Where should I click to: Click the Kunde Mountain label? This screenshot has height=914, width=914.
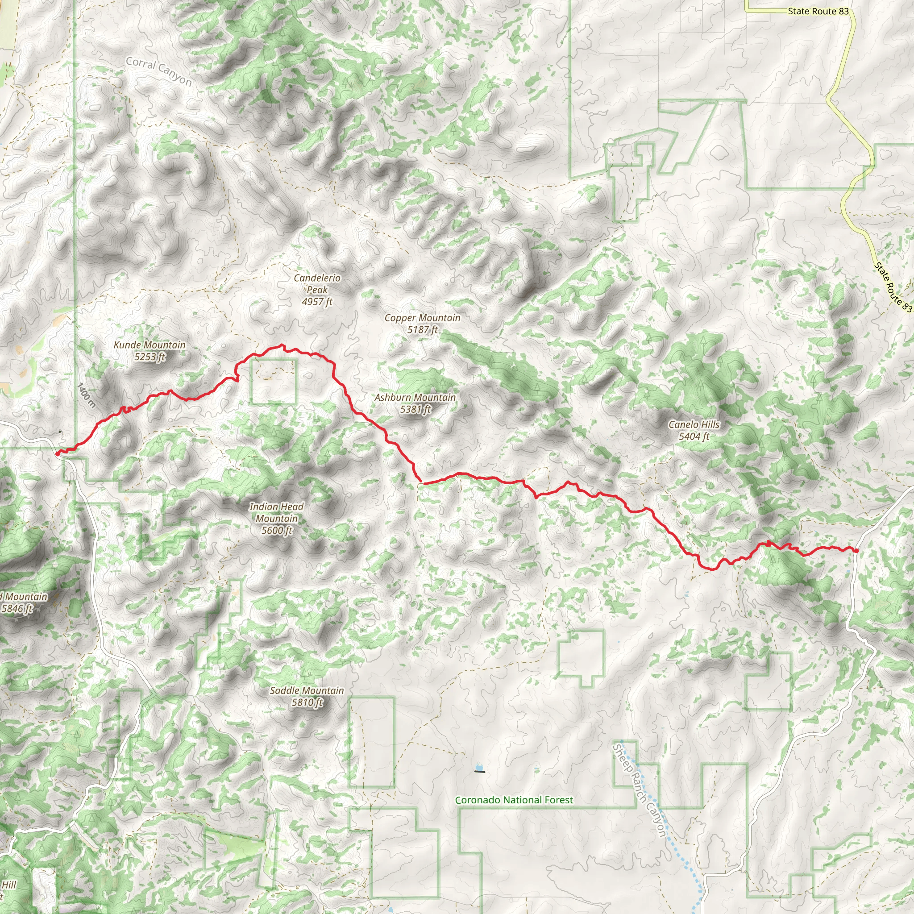[x=150, y=345]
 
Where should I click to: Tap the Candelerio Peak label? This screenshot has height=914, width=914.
[x=317, y=283]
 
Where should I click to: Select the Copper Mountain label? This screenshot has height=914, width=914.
[x=422, y=318]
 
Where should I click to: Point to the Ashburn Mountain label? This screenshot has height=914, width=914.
[x=415, y=397]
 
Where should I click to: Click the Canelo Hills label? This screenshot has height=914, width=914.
[x=694, y=424]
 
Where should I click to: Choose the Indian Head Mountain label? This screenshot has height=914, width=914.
[x=276, y=512]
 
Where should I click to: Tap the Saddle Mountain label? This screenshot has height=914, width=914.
[x=307, y=690]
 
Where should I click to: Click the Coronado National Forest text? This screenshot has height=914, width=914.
[x=514, y=800]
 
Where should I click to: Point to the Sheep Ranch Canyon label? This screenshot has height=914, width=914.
[x=639, y=790]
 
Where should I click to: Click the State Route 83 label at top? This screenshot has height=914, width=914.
[x=818, y=11]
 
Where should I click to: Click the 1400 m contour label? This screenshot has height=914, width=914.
[x=87, y=395]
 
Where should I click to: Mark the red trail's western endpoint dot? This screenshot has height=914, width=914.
[x=58, y=454]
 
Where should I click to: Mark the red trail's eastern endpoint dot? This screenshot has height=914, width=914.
[x=856, y=550]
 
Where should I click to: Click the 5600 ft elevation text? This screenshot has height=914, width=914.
[x=277, y=531]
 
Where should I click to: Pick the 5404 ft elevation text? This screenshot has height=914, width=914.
[x=694, y=436]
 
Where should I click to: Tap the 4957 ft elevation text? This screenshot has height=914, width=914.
[x=317, y=302]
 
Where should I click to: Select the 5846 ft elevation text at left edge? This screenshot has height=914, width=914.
[x=17, y=609]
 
